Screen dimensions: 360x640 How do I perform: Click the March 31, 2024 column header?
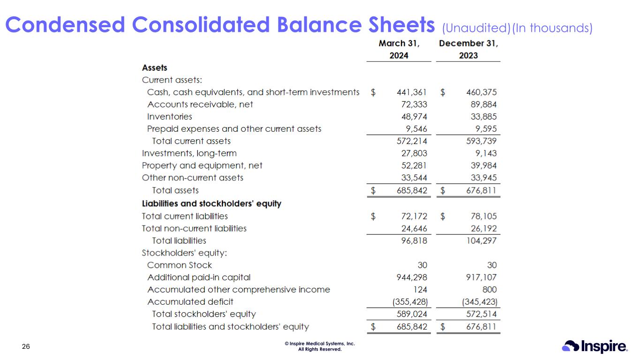(399, 49)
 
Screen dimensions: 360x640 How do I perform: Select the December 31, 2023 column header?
(468, 49)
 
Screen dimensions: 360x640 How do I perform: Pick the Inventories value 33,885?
(481, 117)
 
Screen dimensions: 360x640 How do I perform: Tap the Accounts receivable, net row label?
(200, 105)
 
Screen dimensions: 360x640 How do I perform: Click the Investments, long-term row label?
(189, 153)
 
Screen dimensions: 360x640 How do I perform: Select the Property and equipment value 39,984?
(481, 165)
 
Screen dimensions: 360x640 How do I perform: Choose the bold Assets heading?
(154, 68)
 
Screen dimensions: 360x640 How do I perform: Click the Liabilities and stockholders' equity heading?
(211, 204)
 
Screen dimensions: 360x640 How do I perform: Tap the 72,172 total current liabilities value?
(413, 216)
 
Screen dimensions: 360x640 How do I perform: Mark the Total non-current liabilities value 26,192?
(481, 229)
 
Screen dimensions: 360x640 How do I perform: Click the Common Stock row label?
(179, 265)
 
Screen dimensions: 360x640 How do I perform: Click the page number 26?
(26, 347)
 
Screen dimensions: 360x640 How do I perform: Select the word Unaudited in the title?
(476, 29)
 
